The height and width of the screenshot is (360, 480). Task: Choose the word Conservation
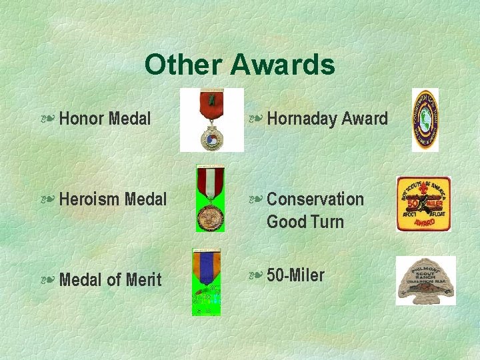tap(315, 199)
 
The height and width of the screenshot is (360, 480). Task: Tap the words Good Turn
tap(305, 221)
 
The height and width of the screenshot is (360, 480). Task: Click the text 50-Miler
tap(295, 275)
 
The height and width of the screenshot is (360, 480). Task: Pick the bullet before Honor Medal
tap(47, 120)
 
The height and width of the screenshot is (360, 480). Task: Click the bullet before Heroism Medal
tap(47, 200)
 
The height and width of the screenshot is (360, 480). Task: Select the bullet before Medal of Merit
tap(47, 280)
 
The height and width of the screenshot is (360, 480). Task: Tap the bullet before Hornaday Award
tap(255, 120)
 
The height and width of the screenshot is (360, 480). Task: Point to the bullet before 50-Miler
tap(255, 276)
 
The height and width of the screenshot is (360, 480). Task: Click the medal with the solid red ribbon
tap(212, 120)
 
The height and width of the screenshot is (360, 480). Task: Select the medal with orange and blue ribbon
tap(207, 281)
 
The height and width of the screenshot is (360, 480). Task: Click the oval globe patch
tap(425, 120)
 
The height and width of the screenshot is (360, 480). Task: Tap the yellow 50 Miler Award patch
tap(424, 204)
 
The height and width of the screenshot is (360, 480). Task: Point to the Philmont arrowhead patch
tap(425, 280)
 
